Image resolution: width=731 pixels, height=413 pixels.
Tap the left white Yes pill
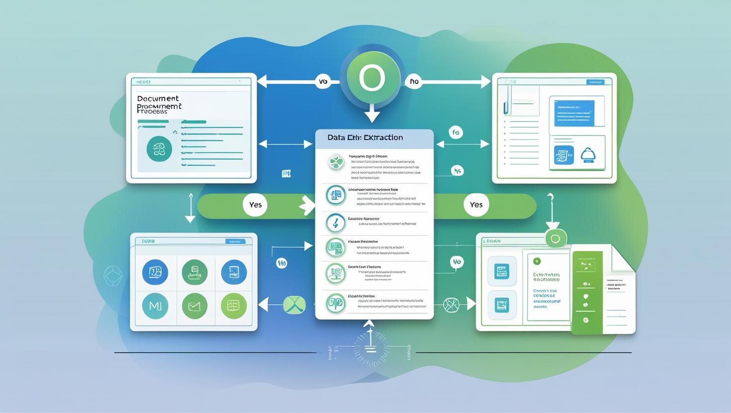pos(255,205)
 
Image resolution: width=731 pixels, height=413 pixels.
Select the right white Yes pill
pos(476,205)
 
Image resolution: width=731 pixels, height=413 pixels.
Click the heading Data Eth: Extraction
pos(365,138)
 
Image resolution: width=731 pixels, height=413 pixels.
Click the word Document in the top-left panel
pos(158,98)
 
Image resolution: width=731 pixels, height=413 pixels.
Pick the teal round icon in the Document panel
pos(159,148)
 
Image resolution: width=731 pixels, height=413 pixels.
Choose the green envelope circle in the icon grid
pos(194,306)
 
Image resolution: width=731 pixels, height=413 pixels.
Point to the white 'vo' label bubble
pos(323,81)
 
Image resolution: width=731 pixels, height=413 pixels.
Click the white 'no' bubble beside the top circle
pos(414,81)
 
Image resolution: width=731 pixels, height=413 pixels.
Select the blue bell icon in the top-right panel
pos(587,155)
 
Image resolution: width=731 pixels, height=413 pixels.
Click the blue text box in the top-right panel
pos(574,113)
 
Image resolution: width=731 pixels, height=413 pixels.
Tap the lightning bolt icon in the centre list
pos(336,224)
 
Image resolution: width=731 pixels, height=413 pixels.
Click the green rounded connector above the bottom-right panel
pos(555,239)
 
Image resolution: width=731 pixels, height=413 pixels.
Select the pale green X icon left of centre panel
pos(294,304)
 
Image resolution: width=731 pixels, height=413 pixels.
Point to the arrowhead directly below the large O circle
pos(372,117)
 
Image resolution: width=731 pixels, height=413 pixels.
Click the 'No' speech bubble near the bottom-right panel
pos(456,262)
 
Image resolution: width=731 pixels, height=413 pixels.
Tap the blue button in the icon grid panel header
pos(235,241)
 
